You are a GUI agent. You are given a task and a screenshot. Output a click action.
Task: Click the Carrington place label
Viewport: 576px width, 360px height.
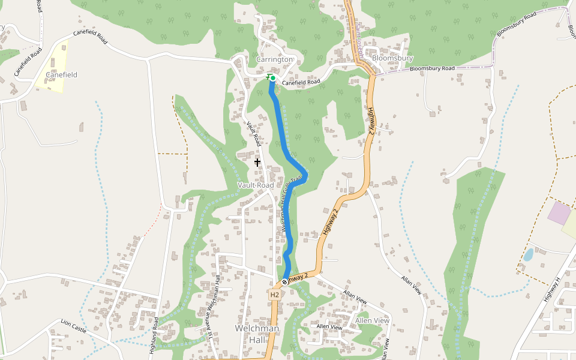[274, 60]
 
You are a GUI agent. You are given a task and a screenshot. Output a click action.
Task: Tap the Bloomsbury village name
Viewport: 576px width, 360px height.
[392, 58]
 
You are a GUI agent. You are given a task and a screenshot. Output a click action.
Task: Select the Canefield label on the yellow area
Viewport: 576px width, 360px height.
[61, 75]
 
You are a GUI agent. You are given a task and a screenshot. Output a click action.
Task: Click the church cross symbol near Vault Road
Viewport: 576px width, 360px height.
[257, 162]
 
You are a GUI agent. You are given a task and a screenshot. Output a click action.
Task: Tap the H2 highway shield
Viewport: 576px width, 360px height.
[274, 295]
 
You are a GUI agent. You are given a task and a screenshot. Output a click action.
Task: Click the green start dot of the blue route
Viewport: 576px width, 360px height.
[272, 78]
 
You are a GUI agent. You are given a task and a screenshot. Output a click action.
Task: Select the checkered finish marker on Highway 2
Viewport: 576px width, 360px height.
[284, 281]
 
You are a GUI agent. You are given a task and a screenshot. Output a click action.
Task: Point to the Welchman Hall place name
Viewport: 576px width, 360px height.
[257, 334]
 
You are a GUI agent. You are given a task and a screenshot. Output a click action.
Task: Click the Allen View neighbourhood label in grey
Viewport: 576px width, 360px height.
[372, 320]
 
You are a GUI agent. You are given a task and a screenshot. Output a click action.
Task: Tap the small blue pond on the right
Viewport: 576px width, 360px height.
[528, 255]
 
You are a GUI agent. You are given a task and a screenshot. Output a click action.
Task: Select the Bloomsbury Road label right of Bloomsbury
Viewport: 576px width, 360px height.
[433, 69]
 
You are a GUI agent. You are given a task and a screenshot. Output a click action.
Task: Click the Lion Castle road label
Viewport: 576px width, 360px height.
[74, 326]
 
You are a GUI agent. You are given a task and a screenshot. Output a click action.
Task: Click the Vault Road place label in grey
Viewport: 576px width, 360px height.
[256, 185]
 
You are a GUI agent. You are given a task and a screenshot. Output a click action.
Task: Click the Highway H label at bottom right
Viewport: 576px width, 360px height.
[551, 290]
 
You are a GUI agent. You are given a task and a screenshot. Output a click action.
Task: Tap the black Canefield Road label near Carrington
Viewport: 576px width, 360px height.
[301, 83]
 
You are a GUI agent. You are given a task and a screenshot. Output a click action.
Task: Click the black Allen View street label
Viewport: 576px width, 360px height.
[329, 327]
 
